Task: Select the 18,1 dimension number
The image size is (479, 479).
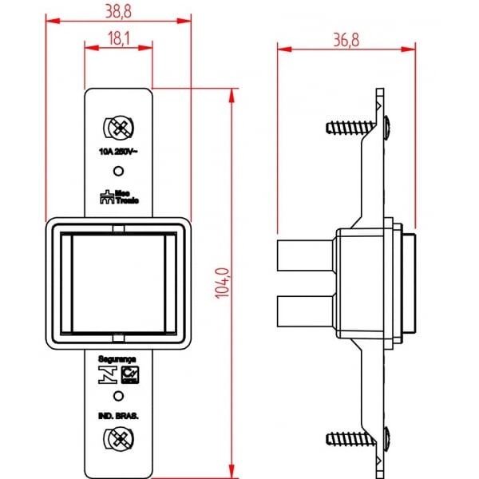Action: [x=118, y=37]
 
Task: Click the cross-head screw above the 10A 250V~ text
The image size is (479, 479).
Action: [x=118, y=128]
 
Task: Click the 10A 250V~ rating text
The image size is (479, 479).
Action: [x=118, y=151]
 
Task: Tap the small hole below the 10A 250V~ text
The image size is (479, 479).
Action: [x=118, y=171]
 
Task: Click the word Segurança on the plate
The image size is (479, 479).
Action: [x=117, y=361]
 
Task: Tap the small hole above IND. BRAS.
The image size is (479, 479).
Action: [x=118, y=396]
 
